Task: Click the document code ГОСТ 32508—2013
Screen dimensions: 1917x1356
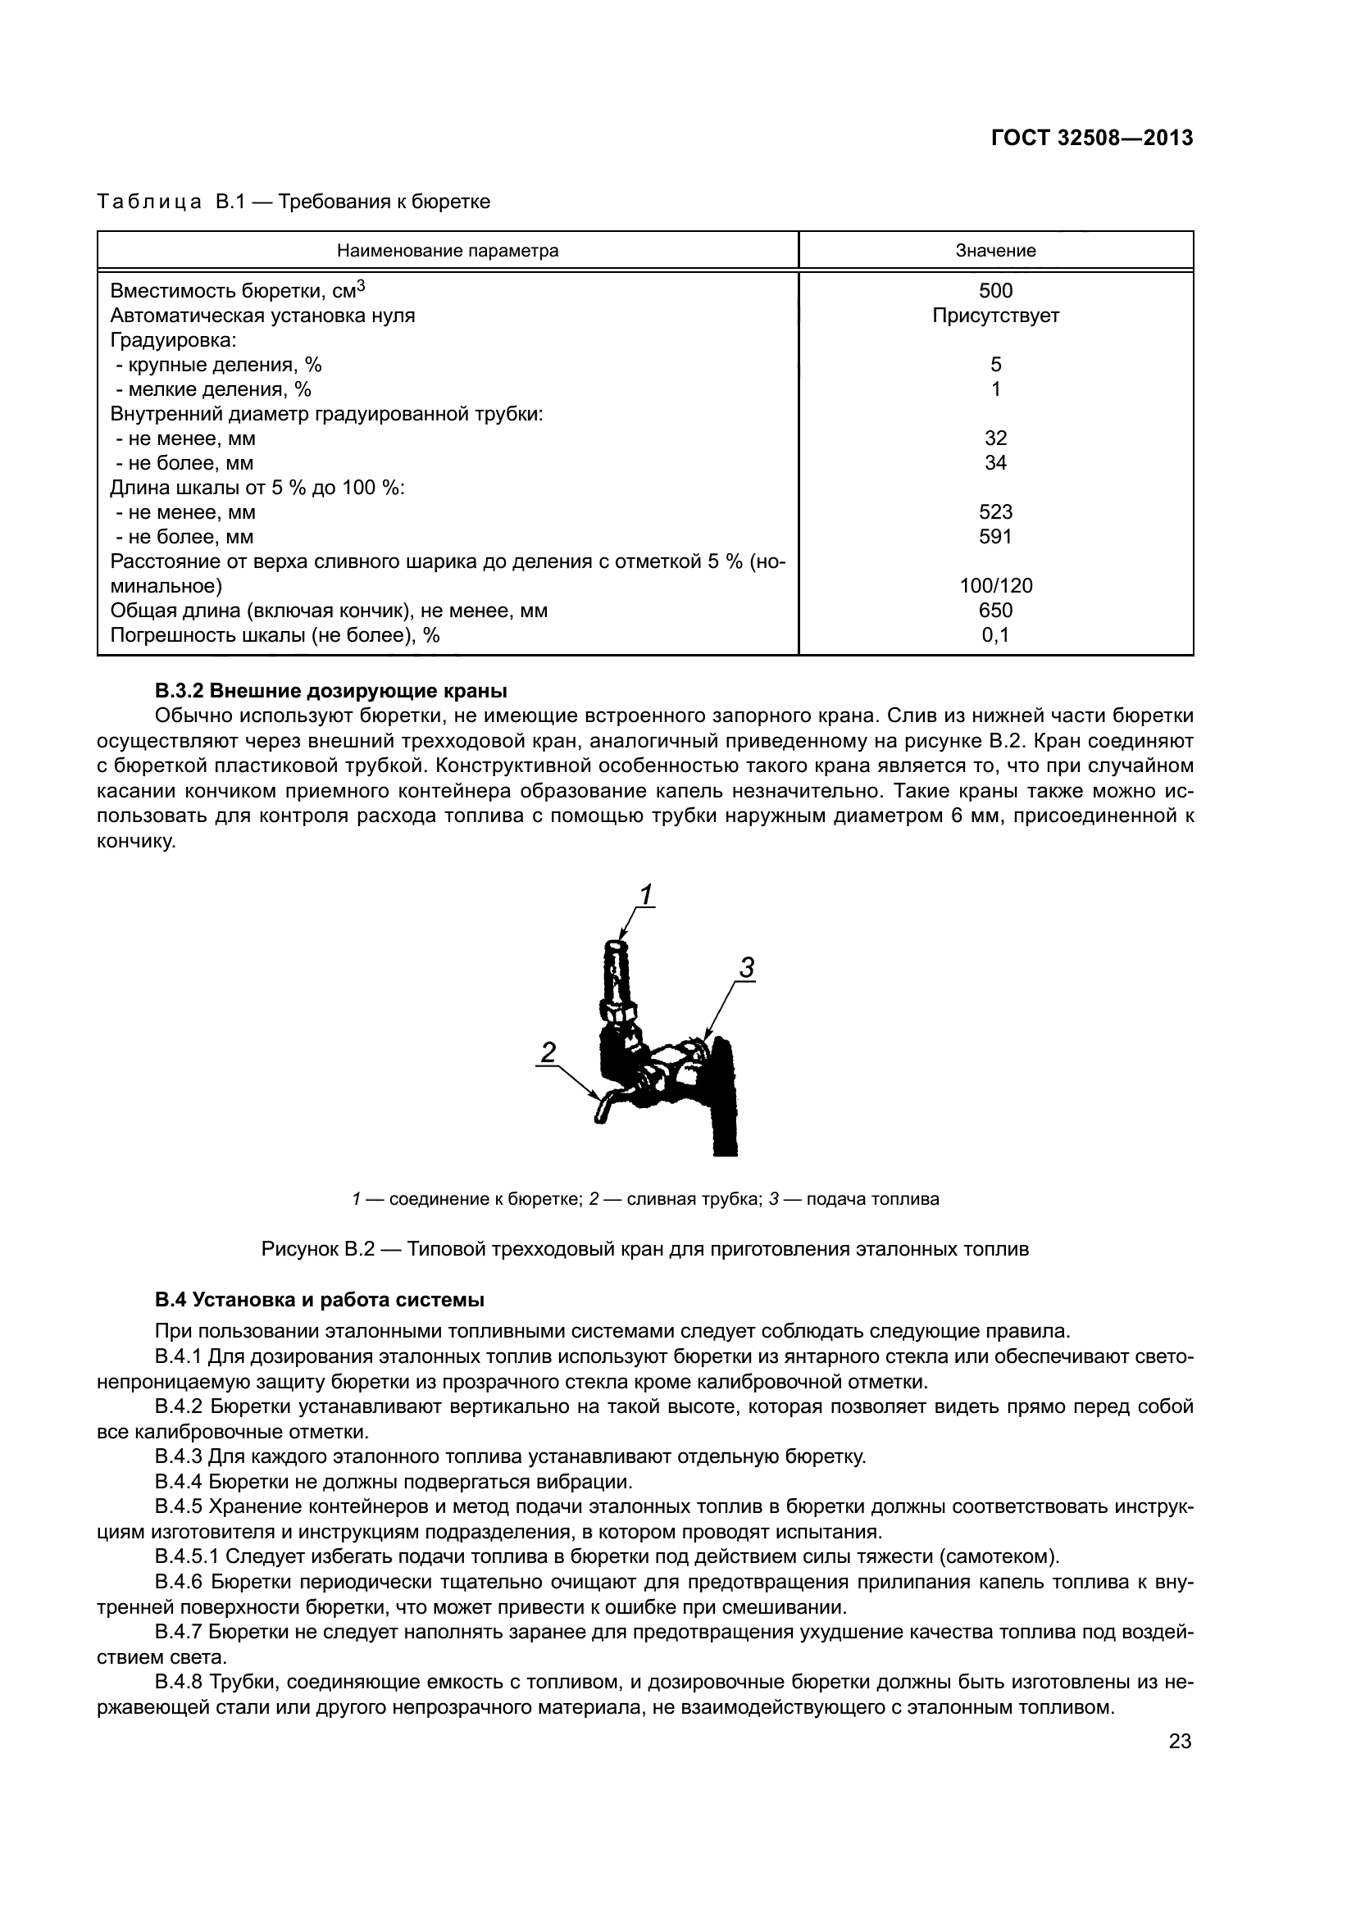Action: point(1091,139)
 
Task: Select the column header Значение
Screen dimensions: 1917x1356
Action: point(995,251)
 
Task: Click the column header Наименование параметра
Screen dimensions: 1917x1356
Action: point(448,251)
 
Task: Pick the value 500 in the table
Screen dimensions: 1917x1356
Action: point(995,291)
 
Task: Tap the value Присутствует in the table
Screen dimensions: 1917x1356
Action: point(995,316)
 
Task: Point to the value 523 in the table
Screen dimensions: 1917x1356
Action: point(995,511)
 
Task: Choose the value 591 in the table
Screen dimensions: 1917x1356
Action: point(995,536)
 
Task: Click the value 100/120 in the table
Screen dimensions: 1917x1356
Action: point(995,585)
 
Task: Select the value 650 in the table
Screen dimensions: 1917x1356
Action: point(995,611)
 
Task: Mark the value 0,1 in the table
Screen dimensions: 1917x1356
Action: point(995,635)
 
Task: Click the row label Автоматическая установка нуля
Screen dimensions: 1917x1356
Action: point(262,316)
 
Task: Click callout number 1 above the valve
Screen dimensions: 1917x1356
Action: point(645,895)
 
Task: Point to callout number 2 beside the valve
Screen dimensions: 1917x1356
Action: point(548,1052)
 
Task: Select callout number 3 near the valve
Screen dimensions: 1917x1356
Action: point(747,968)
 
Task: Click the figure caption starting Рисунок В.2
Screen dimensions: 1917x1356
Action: point(644,1249)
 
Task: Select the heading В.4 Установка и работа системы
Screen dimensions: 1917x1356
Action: point(320,1300)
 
